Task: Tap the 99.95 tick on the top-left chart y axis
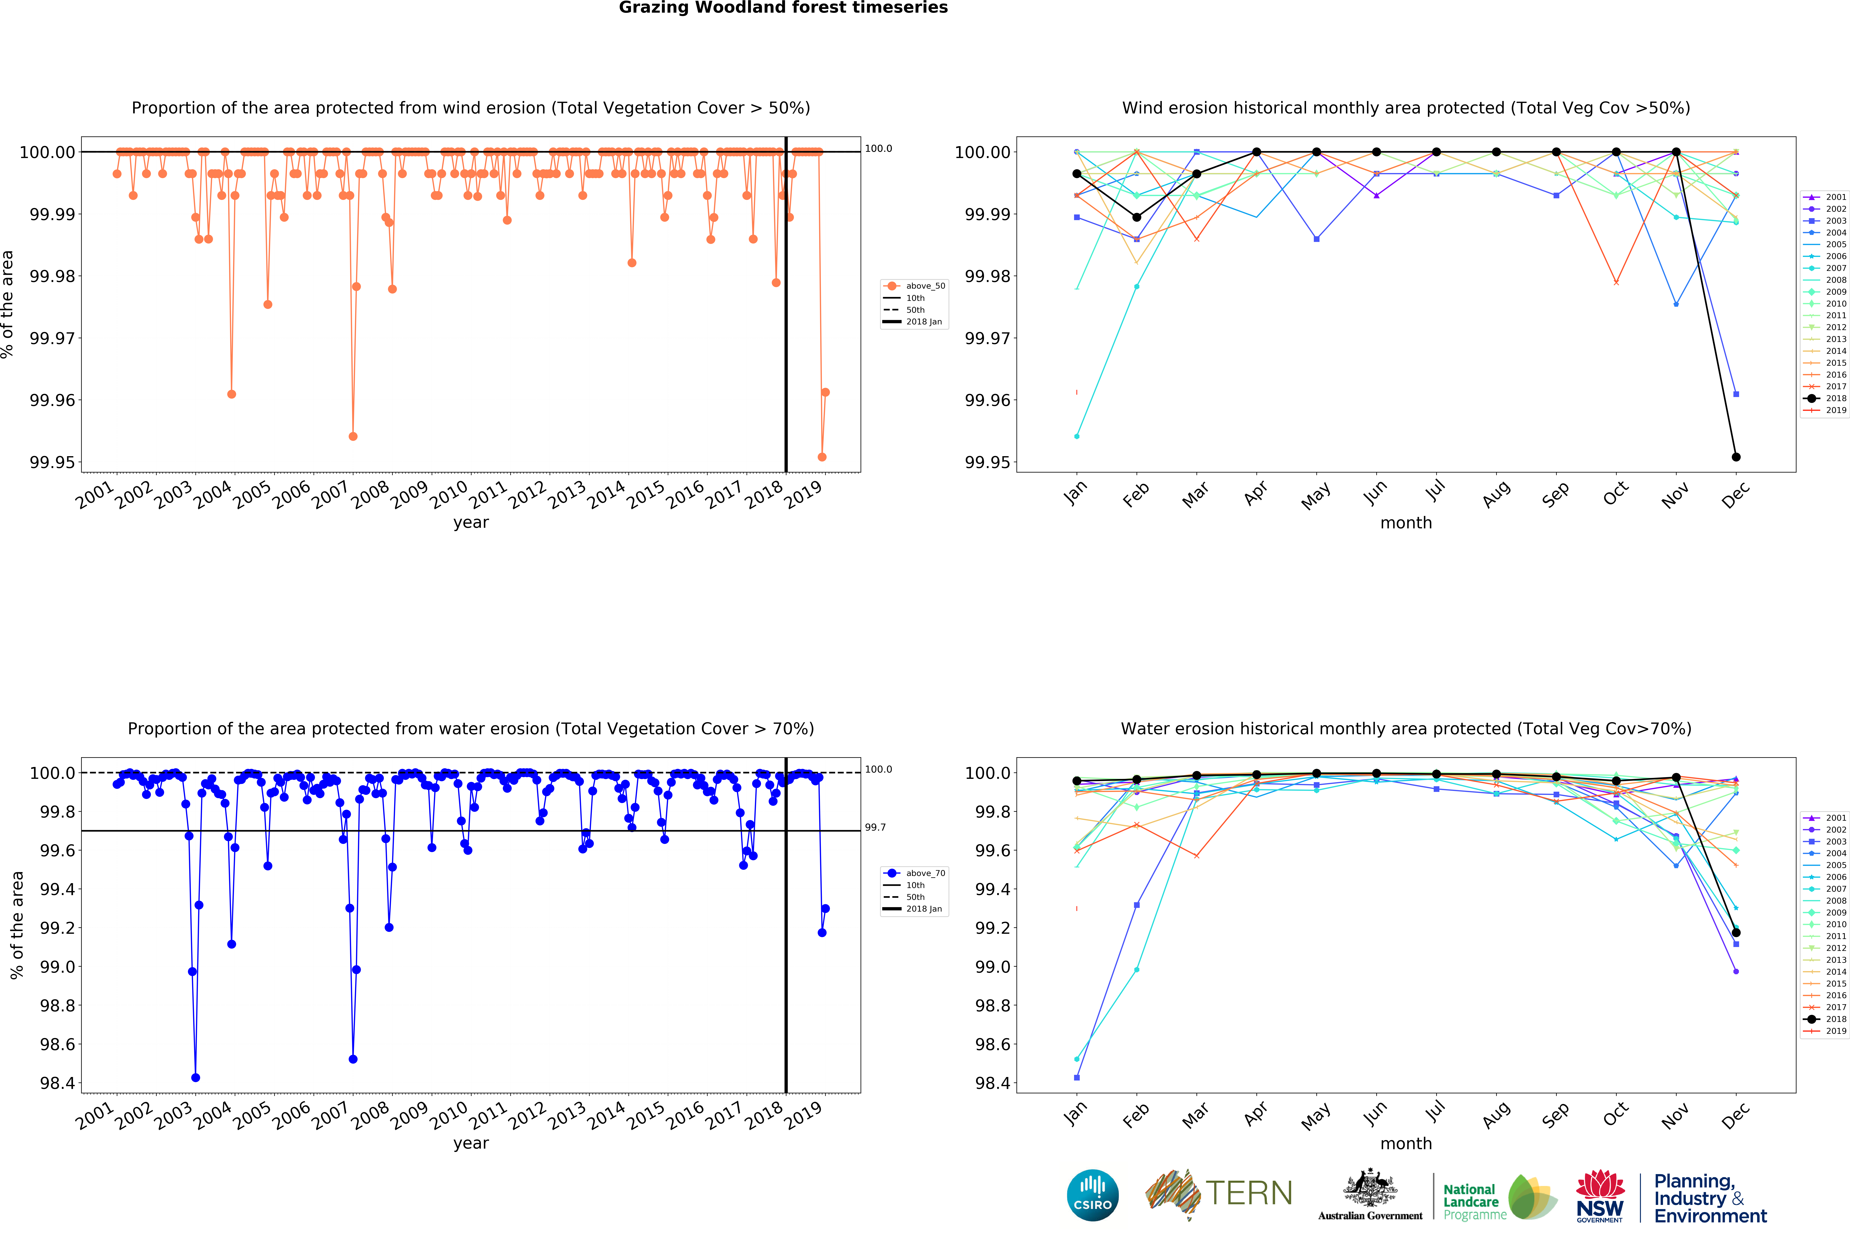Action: tap(52, 462)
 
